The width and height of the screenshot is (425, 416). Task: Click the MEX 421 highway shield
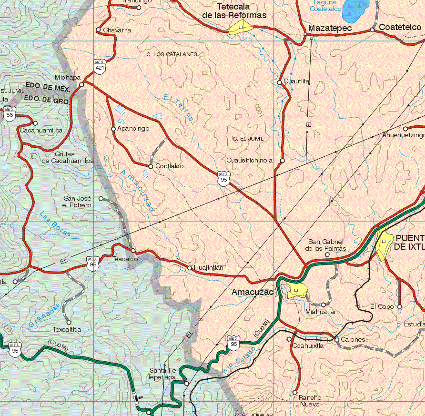pyautogui.click(x=100, y=66)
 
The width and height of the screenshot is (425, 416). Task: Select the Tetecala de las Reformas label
pyautogui.click(x=234, y=11)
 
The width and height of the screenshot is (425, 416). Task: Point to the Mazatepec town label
pyautogui.click(x=330, y=29)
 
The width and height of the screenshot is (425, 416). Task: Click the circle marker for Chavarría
pyautogui.click(x=98, y=30)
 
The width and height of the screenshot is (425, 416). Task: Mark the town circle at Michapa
pyautogui.click(x=81, y=84)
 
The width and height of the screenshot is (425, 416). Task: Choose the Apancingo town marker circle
pyautogui.click(x=113, y=129)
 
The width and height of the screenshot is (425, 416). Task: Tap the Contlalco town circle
pyautogui.click(x=151, y=166)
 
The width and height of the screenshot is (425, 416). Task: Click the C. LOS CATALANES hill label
pyautogui.click(x=172, y=54)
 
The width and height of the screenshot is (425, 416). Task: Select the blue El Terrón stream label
pyautogui.click(x=178, y=108)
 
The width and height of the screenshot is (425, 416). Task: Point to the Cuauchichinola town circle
pyautogui.click(x=282, y=161)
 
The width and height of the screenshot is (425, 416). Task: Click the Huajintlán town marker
pyautogui.click(x=190, y=268)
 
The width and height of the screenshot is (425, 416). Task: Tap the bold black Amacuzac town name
pyautogui.click(x=253, y=292)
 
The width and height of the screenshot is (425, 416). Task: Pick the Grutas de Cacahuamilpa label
pyautogui.click(x=67, y=158)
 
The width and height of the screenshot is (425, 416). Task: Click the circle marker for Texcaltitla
pyautogui.click(x=69, y=322)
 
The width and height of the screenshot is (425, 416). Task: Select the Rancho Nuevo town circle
pyautogui.click(x=295, y=392)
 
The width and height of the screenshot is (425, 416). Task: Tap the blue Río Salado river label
pyautogui.click(x=239, y=359)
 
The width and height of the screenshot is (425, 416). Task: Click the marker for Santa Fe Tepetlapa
pyautogui.click(x=186, y=384)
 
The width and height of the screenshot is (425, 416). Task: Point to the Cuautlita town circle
pyautogui.click(x=280, y=82)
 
